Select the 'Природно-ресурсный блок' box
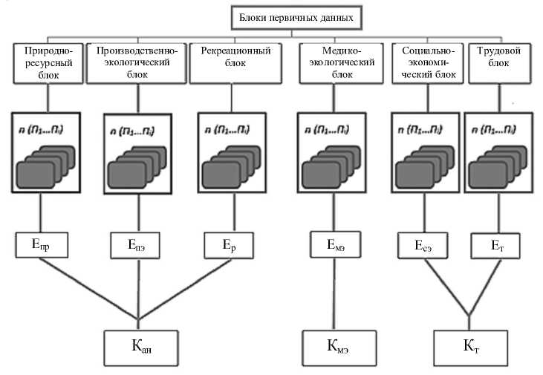point(48,62)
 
